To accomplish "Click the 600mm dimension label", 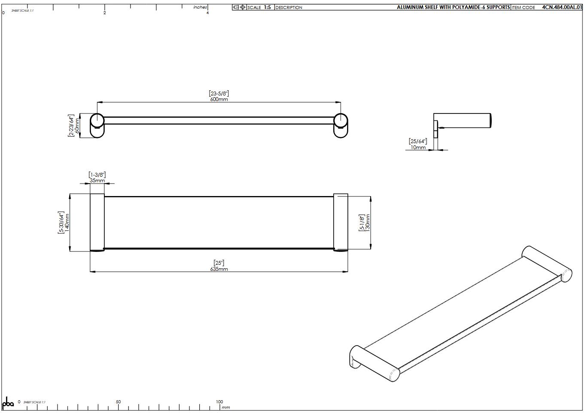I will click(219, 99).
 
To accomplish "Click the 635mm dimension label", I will click(219, 269).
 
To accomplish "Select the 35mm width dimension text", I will click(97, 181).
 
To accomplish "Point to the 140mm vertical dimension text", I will click(67, 223).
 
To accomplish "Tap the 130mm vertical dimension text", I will click(368, 223).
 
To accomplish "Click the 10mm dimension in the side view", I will click(418, 147).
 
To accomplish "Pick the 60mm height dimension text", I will click(77, 126).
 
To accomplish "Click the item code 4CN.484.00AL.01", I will click(562, 7).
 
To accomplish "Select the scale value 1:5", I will click(267, 7).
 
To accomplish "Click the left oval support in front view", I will click(97, 126).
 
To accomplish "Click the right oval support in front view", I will click(341, 126).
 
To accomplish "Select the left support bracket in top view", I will click(97, 222).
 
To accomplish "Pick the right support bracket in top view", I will click(341, 222).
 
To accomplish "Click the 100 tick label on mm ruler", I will click(219, 402).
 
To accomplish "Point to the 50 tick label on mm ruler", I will click(118, 402).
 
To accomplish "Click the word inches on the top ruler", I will click(200, 7).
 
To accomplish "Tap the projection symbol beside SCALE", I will click(239, 7).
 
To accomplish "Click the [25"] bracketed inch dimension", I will click(219, 263).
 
